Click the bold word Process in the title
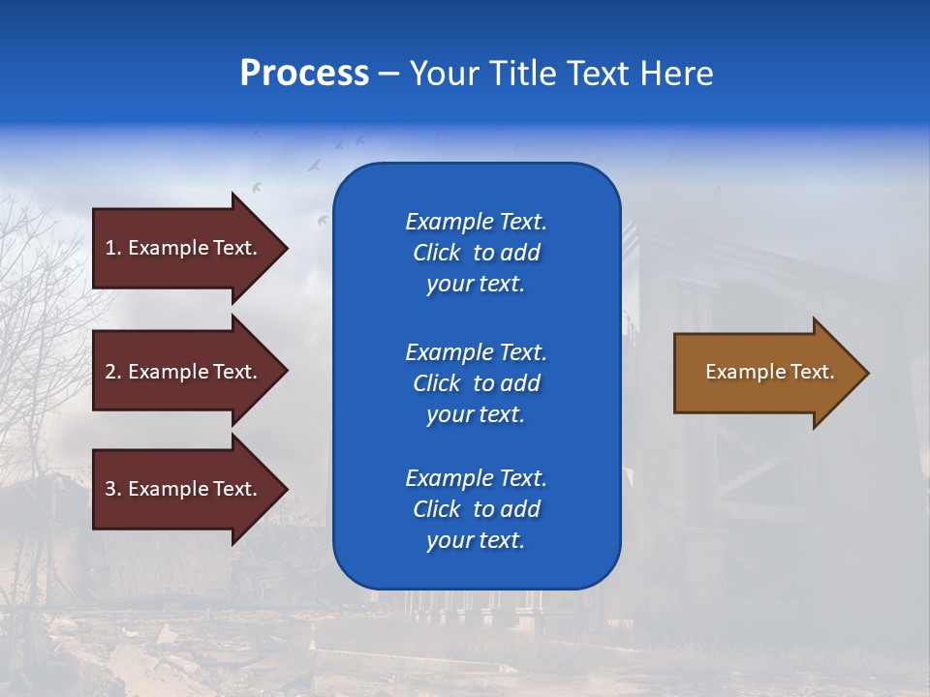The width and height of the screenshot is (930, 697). click(304, 74)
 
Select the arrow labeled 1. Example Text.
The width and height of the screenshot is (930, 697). click(184, 248)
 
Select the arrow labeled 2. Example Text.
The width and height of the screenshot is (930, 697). click(184, 372)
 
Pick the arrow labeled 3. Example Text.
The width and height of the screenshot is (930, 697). click(184, 489)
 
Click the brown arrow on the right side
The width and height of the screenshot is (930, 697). click(765, 372)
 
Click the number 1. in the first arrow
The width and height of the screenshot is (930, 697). click(113, 248)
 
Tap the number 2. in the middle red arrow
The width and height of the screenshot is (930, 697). click(113, 372)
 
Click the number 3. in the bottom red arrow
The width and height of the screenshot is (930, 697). click(113, 489)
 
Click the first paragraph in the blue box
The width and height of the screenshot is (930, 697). click(476, 253)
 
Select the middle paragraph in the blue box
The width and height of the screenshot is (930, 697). click(476, 383)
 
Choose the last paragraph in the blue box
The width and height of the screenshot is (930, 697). click(476, 509)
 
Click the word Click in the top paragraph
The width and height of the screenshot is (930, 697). click(436, 254)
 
